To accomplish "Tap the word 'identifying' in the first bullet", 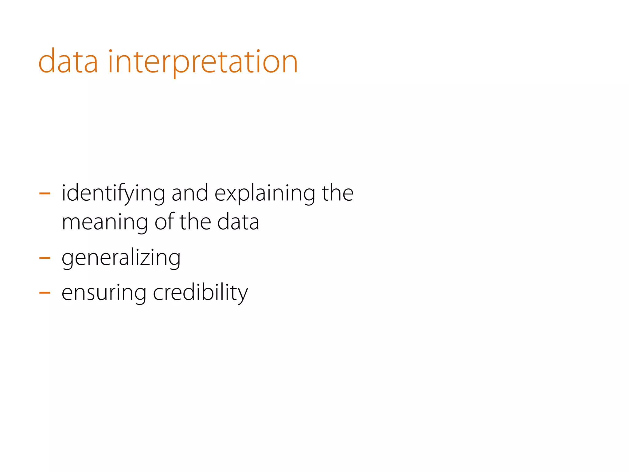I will (113, 194).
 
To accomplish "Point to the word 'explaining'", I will (265, 194).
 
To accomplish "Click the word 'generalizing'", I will (121, 258).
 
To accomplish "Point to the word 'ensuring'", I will (104, 293).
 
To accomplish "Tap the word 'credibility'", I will (200, 293).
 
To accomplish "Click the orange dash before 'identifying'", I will (45, 194).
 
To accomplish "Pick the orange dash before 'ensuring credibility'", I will (45, 293).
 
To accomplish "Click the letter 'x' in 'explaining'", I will (231, 195).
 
